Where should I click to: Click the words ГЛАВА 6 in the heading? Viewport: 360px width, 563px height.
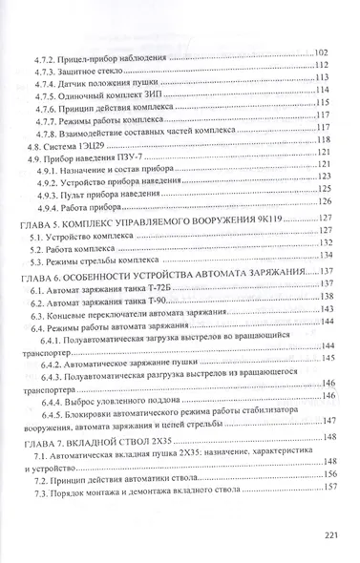click(37, 273)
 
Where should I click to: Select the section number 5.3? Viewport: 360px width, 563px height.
click(38, 259)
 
